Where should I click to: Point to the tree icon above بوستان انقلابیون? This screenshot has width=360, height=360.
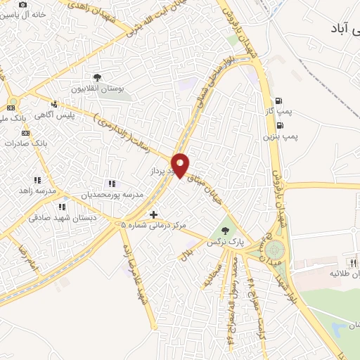97,78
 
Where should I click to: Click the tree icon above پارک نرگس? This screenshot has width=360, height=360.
225,229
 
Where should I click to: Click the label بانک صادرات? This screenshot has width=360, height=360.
23,143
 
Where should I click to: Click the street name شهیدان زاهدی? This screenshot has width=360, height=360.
106,20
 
